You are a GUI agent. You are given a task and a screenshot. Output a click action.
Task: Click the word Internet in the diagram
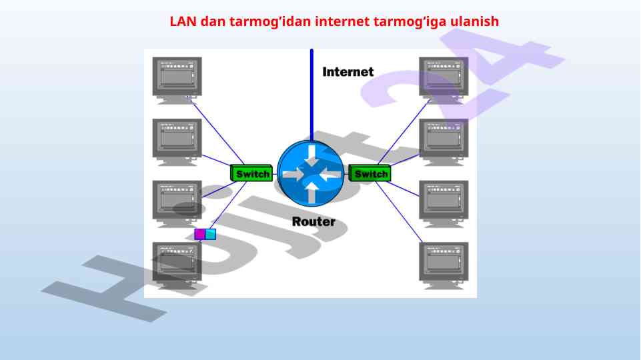click(x=348, y=71)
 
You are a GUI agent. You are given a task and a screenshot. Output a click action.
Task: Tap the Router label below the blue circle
click(x=313, y=221)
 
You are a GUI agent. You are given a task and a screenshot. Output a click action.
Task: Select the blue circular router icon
click(x=310, y=174)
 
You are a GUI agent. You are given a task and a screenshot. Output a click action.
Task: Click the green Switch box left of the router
click(x=252, y=173)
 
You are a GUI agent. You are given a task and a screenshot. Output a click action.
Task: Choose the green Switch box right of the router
click(x=370, y=173)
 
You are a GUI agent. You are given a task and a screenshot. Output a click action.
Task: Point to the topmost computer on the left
click(x=177, y=79)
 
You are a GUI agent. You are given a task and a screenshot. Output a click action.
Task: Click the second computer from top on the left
click(x=177, y=141)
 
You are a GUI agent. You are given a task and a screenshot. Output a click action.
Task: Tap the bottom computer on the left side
click(x=177, y=264)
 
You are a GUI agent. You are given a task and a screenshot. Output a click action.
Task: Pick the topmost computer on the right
click(x=444, y=79)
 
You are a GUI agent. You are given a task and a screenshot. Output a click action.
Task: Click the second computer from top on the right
click(x=444, y=141)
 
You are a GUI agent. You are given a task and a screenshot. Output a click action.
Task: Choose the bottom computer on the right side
click(x=444, y=264)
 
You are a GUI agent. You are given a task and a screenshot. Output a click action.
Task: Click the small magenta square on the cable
click(x=199, y=234)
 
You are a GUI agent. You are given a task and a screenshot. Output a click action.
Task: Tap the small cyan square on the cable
click(x=211, y=234)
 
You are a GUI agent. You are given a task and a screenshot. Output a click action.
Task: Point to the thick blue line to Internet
click(x=311, y=93)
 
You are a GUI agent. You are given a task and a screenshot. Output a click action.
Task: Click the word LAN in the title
click(x=181, y=21)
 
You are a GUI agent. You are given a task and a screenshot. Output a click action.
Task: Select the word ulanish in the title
click(x=475, y=21)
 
